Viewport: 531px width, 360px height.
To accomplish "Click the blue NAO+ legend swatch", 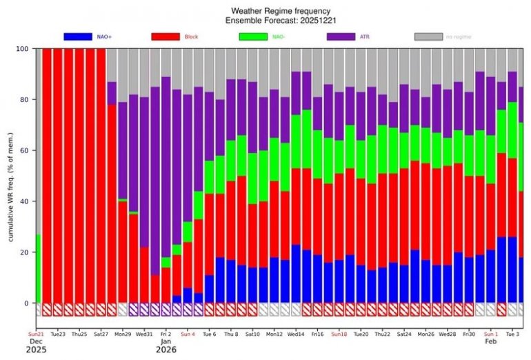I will coord(78,36).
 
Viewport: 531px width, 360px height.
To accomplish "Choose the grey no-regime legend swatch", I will coord(429,36).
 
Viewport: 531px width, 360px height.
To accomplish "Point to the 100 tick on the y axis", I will coord(25,49).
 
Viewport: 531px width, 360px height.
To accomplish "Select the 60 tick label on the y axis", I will coord(26,150).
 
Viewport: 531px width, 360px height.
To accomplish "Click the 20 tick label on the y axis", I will coord(26,252).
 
